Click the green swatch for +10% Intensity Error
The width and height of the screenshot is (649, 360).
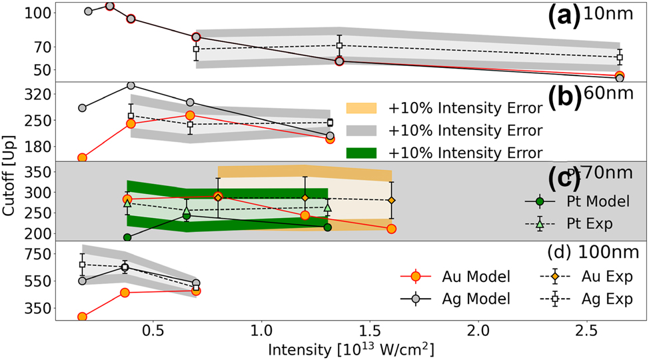pyautogui.click(x=361, y=152)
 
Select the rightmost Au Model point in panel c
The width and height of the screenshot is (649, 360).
pyautogui.click(x=392, y=229)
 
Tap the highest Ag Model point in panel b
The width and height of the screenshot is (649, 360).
pyautogui.click(x=131, y=85)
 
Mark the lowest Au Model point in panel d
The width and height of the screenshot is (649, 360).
pyautogui.click(x=82, y=317)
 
